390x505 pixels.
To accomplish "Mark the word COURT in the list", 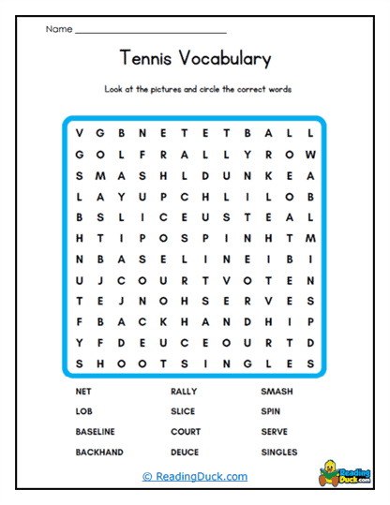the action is (186, 431).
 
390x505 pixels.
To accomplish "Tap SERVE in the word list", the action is (276, 431).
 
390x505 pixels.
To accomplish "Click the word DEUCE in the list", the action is (185, 452).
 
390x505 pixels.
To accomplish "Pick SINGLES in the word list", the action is (279, 452).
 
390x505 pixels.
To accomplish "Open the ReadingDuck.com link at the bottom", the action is (195, 477).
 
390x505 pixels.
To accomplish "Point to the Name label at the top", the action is (58, 30).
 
